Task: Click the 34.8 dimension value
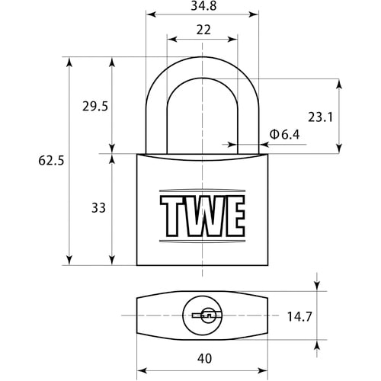(203, 6)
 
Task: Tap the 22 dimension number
(203, 30)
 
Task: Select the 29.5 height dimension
(95, 106)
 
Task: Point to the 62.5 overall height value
(51, 161)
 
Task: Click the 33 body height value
(98, 208)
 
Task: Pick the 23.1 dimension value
(320, 117)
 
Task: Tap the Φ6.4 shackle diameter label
(284, 134)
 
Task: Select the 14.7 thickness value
(299, 317)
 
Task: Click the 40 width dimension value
(204, 358)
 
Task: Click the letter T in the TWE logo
(174, 216)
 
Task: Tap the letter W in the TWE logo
(208, 216)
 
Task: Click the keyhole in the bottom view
(207, 315)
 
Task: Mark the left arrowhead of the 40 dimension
(142, 370)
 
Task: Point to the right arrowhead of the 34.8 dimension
(254, 14)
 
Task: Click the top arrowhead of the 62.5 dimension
(69, 62)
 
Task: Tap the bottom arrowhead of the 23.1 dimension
(339, 149)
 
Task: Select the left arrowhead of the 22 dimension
(172, 40)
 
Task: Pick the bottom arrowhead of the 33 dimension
(112, 260)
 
